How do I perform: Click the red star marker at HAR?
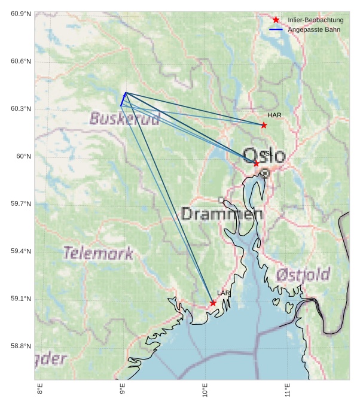pyautogui.click(x=264, y=125)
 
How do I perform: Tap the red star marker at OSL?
pyautogui.click(x=257, y=163)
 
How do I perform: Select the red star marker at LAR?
pyautogui.click(x=213, y=303)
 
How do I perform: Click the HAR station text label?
pyautogui.click(x=274, y=115)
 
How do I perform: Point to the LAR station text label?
pyautogui.click(x=224, y=293)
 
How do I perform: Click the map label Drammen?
pyautogui.click(x=221, y=214)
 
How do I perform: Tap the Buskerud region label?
pyautogui.click(x=124, y=118)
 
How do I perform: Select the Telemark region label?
pyautogui.click(x=99, y=253)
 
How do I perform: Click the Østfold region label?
pyautogui.click(x=303, y=275)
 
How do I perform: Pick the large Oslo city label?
pyautogui.click(x=264, y=156)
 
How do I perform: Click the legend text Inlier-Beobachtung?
pyautogui.click(x=315, y=20)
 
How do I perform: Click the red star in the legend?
pyautogui.click(x=276, y=20)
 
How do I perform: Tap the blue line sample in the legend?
pyautogui.click(x=276, y=29)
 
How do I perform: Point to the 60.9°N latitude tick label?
pyautogui.click(x=21, y=14)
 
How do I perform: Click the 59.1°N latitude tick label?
pyautogui.click(x=21, y=299)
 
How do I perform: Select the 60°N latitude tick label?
pyautogui.click(x=24, y=156)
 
